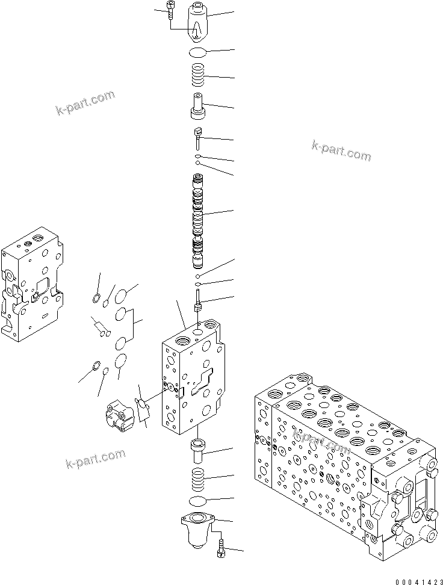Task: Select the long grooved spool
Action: coord(198,220)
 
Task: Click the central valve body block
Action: coord(190,379)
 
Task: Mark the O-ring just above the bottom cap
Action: coord(198,501)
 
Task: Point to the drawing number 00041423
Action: coord(418,581)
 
